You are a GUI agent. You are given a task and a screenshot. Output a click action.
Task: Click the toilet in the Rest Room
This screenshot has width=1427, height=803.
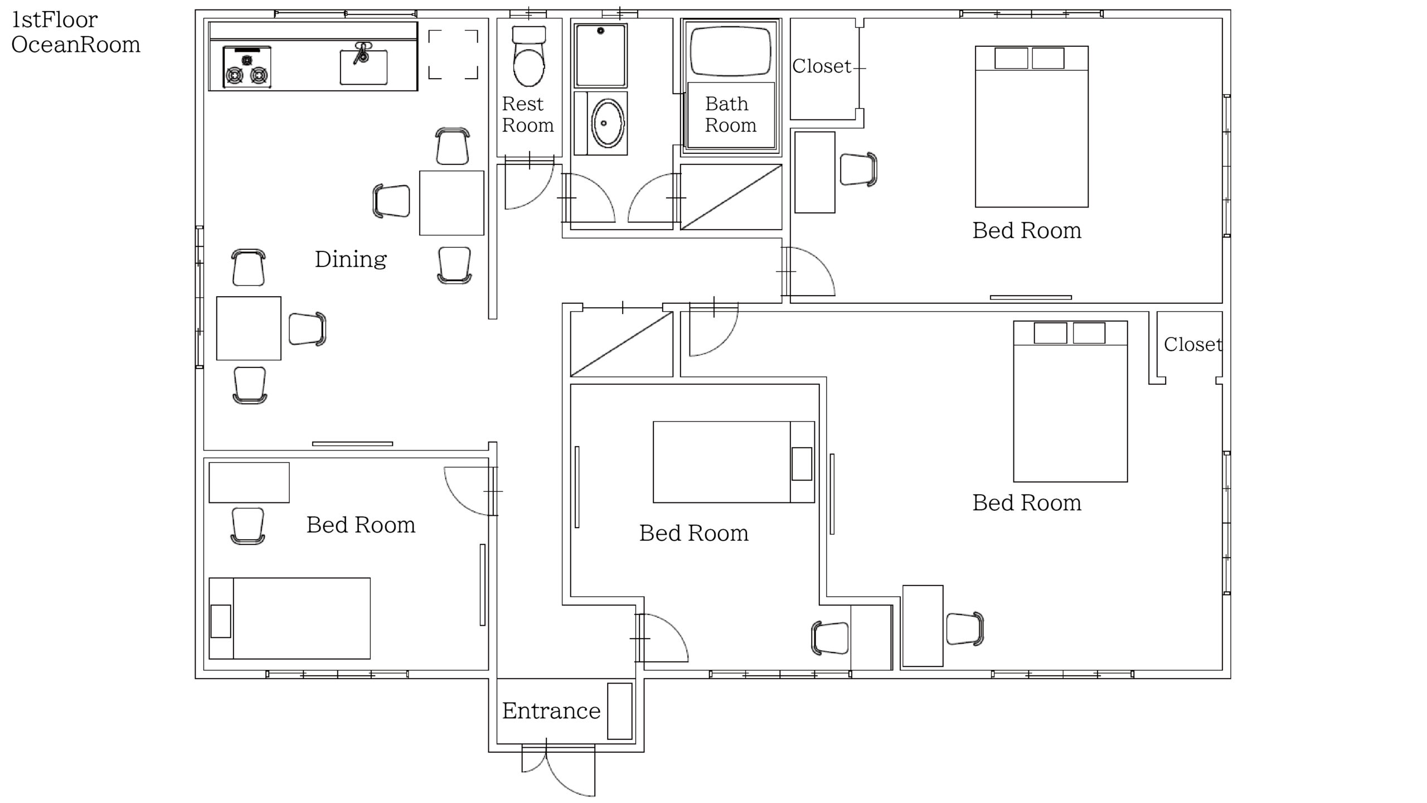click(528, 56)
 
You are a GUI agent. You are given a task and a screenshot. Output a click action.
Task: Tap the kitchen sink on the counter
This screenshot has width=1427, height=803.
click(363, 66)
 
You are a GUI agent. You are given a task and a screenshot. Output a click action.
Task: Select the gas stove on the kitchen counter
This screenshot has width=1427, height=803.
click(247, 66)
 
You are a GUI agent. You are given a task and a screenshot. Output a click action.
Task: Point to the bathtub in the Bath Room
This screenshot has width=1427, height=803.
click(731, 51)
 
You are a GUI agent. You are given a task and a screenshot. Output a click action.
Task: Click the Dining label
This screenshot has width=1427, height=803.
click(351, 259)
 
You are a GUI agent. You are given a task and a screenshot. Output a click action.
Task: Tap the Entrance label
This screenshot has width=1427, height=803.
click(551, 710)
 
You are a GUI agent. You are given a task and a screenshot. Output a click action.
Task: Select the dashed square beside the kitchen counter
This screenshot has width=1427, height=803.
click(453, 55)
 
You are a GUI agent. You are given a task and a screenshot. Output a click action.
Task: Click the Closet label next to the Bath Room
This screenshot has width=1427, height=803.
click(822, 66)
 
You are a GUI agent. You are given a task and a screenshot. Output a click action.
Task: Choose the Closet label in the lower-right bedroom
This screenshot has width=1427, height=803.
click(1193, 344)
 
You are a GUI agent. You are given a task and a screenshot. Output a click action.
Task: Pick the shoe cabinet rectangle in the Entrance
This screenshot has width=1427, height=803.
click(619, 711)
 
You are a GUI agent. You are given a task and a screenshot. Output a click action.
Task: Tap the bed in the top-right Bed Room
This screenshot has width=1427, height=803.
click(1032, 127)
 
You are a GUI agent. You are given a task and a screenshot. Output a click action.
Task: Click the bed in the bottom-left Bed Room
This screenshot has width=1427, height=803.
click(289, 618)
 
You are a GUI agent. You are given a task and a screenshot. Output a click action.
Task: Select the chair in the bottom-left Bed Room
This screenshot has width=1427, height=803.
click(247, 526)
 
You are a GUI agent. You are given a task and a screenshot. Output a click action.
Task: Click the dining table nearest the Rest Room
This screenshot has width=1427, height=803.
click(452, 203)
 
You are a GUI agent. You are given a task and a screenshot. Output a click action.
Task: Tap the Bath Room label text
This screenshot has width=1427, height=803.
click(731, 114)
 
